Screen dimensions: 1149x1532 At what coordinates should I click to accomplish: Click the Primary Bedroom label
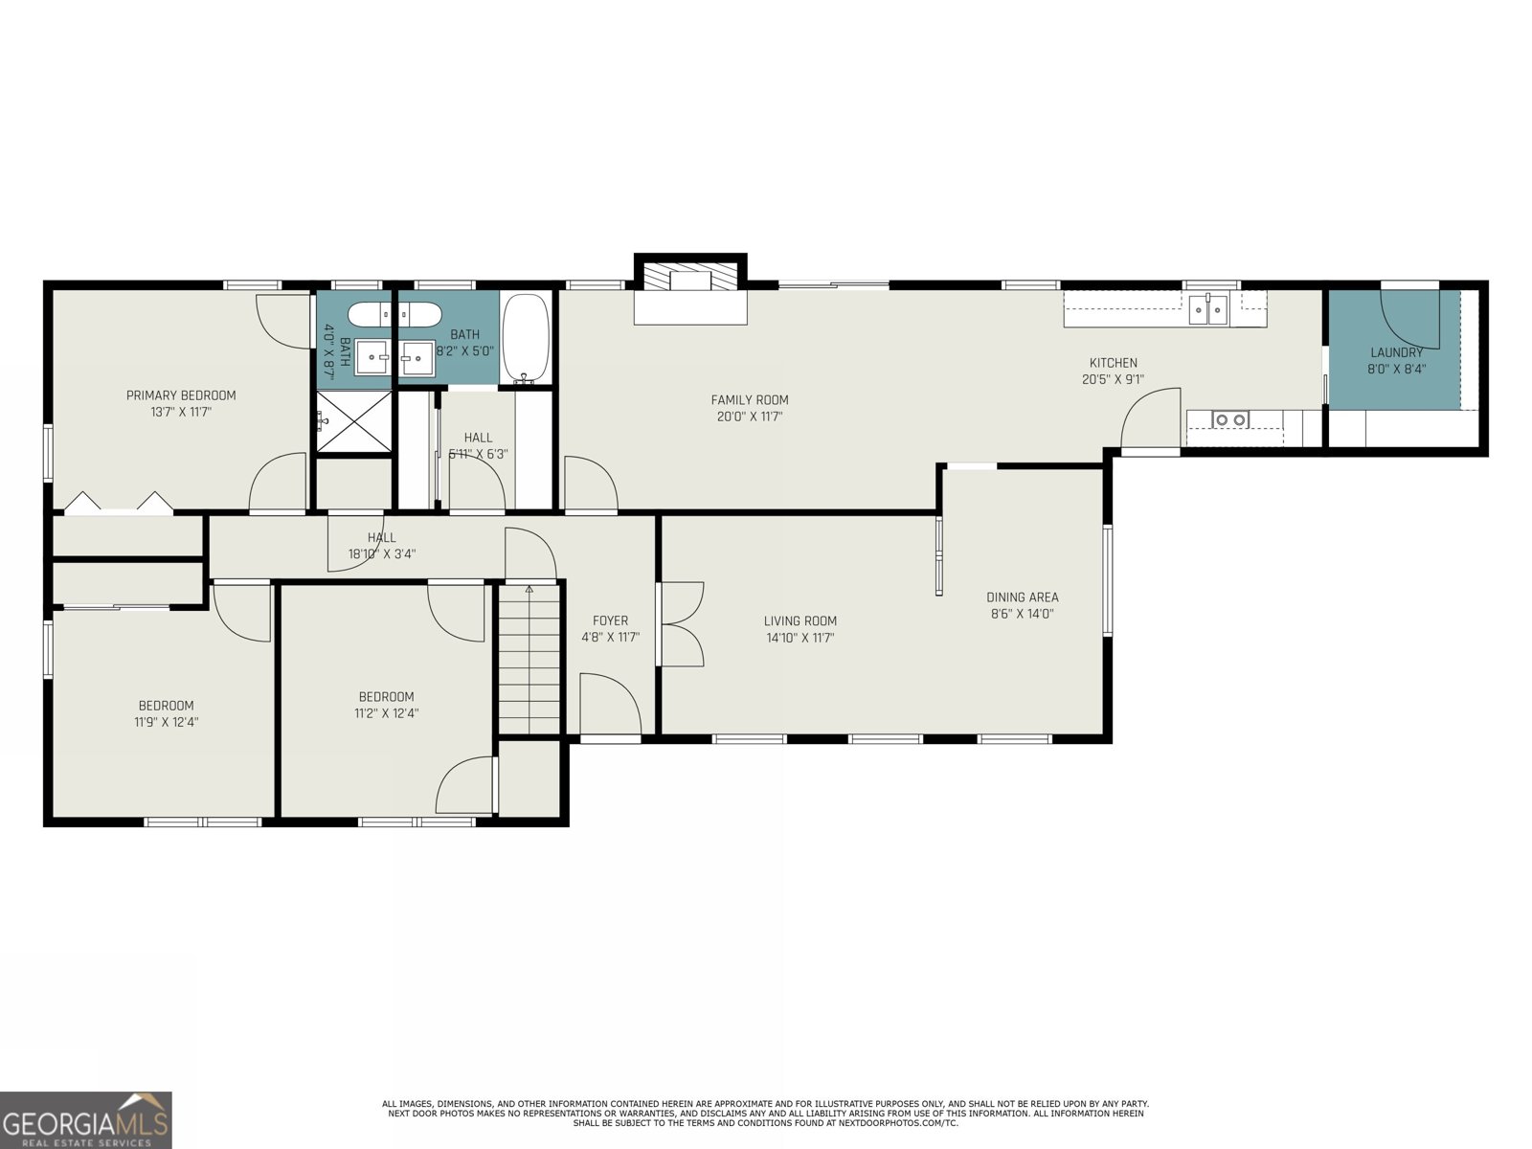tap(181, 395)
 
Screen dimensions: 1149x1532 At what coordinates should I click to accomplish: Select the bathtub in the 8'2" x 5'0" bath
tap(526, 338)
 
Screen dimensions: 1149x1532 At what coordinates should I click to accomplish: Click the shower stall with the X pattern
tap(354, 420)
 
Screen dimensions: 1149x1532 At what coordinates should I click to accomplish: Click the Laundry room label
tap(1396, 352)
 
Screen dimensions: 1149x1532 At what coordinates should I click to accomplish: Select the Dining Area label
tap(1022, 597)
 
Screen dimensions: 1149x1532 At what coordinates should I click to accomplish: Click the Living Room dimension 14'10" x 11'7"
tap(800, 638)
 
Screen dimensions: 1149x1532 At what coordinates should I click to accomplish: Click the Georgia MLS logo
tap(86, 1119)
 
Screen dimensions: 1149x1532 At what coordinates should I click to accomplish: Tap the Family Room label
tap(749, 400)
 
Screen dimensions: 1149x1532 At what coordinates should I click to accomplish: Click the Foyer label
tap(610, 620)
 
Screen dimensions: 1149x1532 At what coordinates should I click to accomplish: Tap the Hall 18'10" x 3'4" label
tap(381, 546)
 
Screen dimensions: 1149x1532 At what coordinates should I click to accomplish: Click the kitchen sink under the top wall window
tap(1208, 310)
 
